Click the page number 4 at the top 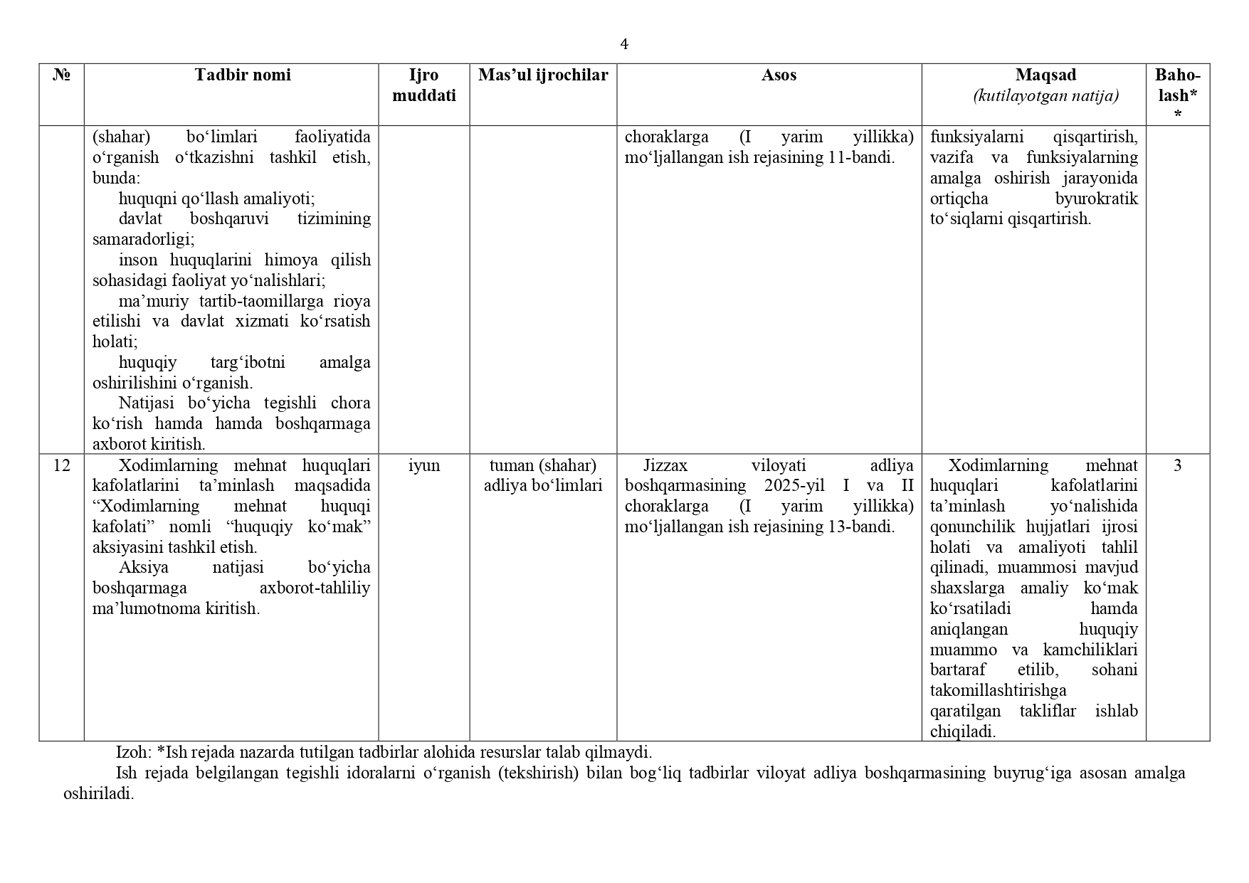click(624, 45)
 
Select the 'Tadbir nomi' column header click(243, 75)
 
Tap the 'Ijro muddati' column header click(424, 85)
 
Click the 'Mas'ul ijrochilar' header click(543, 75)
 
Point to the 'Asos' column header click(779, 75)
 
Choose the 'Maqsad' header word click(1045, 75)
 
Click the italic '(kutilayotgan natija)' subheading click(1045, 95)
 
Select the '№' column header click(62, 75)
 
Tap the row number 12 click(62, 465)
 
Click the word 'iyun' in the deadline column click(424, 465)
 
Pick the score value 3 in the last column click(1177, 465)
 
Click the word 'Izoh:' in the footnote click(134, 752)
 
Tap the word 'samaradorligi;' click(144, 239)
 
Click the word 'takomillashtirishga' click(998, 690)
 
